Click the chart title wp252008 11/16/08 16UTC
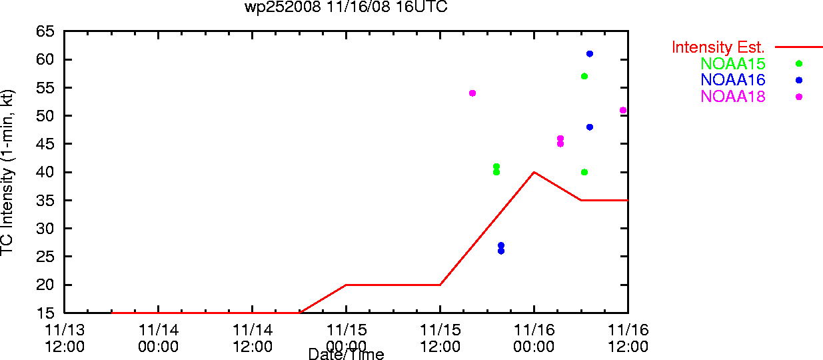(346, 7)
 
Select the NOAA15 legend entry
(732, 63)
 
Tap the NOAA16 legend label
(732, 80)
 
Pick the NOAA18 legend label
(732, 97)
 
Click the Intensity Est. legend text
(718, 47)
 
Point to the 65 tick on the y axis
(45, 31)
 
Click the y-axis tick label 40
(45, 172)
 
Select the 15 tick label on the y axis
(45, 313)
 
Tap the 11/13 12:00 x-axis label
(65, 338)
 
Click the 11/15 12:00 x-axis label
(440, 338)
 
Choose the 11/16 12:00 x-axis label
(628, 338)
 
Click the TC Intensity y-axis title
(7, 173)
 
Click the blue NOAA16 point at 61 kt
(590, 54)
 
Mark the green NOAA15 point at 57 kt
(584, 76)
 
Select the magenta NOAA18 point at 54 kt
(472, 93)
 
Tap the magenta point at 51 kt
(623, 110)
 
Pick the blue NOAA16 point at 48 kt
(590, 127)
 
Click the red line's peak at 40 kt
(534, 172)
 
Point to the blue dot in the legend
(799, 80)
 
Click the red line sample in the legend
(799, 47)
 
